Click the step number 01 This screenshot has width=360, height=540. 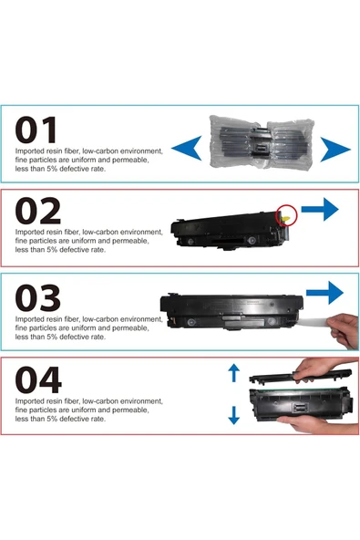point(38,129)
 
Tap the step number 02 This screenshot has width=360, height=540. point(38,211)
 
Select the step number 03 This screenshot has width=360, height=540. point(38,298)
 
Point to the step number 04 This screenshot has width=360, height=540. point(38,379)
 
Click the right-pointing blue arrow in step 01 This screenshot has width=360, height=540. point(334,148)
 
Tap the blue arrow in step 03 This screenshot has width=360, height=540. point(324,294)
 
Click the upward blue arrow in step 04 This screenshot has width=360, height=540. point(233,371)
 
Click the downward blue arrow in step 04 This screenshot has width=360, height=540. point(233,415)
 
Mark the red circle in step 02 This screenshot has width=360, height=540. point(286,216)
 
